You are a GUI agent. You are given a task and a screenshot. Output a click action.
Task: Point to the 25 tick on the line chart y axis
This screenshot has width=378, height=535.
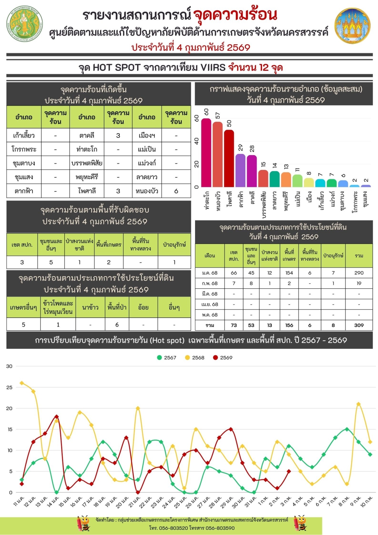coord(9,387)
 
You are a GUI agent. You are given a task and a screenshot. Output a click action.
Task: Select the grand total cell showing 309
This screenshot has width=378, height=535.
coord(359,325)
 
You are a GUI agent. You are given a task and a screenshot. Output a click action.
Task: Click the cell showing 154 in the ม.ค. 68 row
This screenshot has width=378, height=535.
coord(289,272)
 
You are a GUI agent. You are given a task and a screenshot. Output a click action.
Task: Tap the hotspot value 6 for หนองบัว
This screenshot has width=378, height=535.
coord(176,191)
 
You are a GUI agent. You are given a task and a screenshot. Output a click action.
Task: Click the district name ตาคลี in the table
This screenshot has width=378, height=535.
coord(87,135)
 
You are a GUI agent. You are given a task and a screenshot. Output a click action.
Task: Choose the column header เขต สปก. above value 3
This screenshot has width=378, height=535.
coord(22,245)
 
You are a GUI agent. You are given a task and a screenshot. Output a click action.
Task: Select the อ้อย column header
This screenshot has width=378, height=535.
coord(143,307)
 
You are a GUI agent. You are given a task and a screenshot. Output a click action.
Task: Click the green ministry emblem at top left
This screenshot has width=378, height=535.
coord(25,23)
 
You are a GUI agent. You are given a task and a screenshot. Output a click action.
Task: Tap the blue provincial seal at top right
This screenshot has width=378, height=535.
coord(352,26)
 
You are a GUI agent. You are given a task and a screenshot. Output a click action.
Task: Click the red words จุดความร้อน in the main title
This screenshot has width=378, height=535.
coord(235,15)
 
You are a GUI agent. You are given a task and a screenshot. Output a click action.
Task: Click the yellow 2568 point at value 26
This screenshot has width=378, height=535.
coord(22,383)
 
